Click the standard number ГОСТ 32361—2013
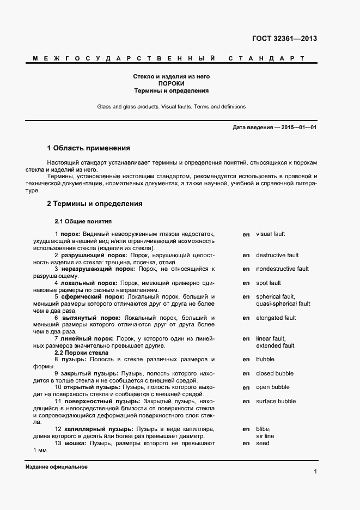[284, 39]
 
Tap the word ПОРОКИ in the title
[172, 84]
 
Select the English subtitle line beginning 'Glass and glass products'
[172, 107]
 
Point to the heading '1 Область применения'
[89, 148]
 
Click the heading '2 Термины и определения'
[95, 204]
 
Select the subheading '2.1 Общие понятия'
[83, 222]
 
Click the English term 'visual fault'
[270, 234]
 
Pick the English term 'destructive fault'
[277, 255]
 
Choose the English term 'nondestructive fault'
[282, 269]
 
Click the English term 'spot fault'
[269, 283]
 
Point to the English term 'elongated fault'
[276, 318]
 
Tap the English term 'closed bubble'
[274, 373]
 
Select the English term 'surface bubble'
[276, 401]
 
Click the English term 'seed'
[263, 443]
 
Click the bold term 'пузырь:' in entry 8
[72, 360]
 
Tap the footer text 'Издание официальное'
[56, 467]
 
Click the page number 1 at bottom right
[315, 471]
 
